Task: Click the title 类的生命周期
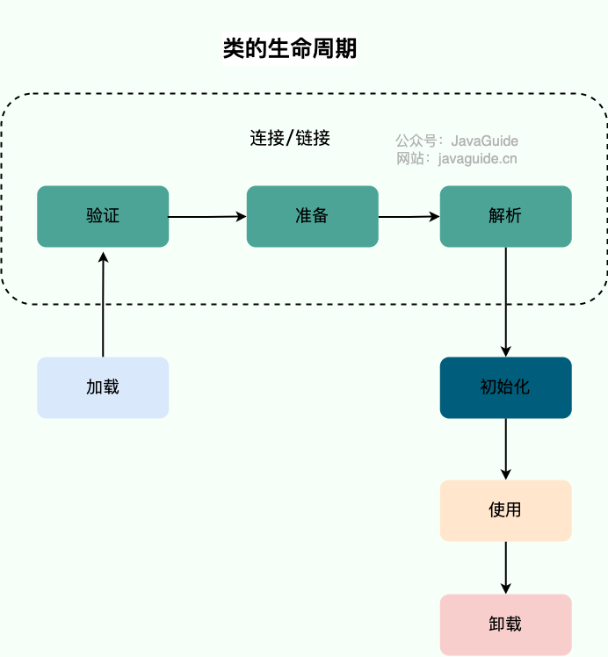coord(290,49)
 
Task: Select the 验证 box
coord(103,216)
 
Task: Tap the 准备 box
coord(312,216)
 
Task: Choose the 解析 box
coord(505,216)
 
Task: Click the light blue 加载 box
coord(103,387)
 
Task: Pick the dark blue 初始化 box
coord(505,387)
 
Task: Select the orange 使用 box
coord(505,510)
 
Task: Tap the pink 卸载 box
coord(505,625)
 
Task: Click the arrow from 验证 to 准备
coord(207,216)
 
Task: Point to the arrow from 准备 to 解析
coord(409,216)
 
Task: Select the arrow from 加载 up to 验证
coord(103,303)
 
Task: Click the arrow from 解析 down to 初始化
coord(506,299)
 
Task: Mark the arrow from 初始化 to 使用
coord(506,448)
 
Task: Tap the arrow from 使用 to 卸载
coord(506,567)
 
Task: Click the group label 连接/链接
coord(290,138)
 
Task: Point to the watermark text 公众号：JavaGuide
coord(457,141)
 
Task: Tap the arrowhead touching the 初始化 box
coord(506,350)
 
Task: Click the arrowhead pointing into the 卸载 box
coord(506,588)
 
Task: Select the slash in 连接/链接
coord(291,139)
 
